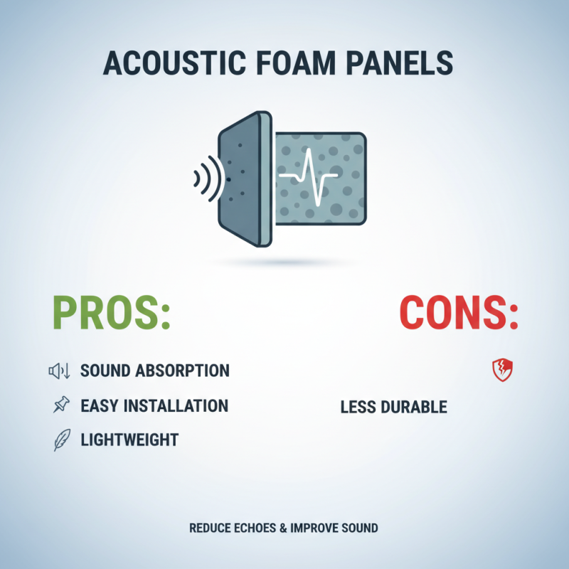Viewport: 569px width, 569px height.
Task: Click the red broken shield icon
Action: coord(503,370)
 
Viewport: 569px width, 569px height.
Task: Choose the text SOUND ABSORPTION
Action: coord(155,371)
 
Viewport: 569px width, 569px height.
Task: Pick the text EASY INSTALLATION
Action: coord(154,405)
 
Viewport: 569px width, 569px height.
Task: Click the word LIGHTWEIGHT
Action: coord(129,440)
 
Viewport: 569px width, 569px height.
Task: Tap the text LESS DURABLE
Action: coord(393,407)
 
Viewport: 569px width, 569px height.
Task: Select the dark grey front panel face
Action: coord(238,178)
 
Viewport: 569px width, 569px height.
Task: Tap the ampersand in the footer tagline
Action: coord(284,528)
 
